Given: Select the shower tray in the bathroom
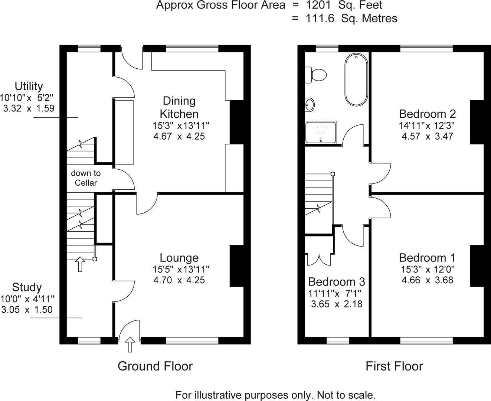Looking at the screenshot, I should (321, 132).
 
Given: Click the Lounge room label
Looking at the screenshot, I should (179, 258).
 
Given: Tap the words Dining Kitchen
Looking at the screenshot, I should (179, 107).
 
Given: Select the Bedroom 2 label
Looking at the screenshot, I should (427, 114).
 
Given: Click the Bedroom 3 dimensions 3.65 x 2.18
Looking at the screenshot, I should (336, 304).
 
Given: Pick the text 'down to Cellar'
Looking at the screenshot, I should (86, 178).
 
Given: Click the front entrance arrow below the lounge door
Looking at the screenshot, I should (130, 344).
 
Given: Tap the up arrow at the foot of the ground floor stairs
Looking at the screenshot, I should (80, 264).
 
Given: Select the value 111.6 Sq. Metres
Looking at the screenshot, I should (351, 18).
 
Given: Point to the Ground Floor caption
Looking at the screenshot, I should (155, 366).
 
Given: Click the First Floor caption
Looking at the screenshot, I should (394, 366).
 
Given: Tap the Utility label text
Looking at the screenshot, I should (29, 86).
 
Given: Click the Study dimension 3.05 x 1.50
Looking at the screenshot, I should (27, 310).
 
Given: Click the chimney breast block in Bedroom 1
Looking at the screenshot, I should (477, 266).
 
